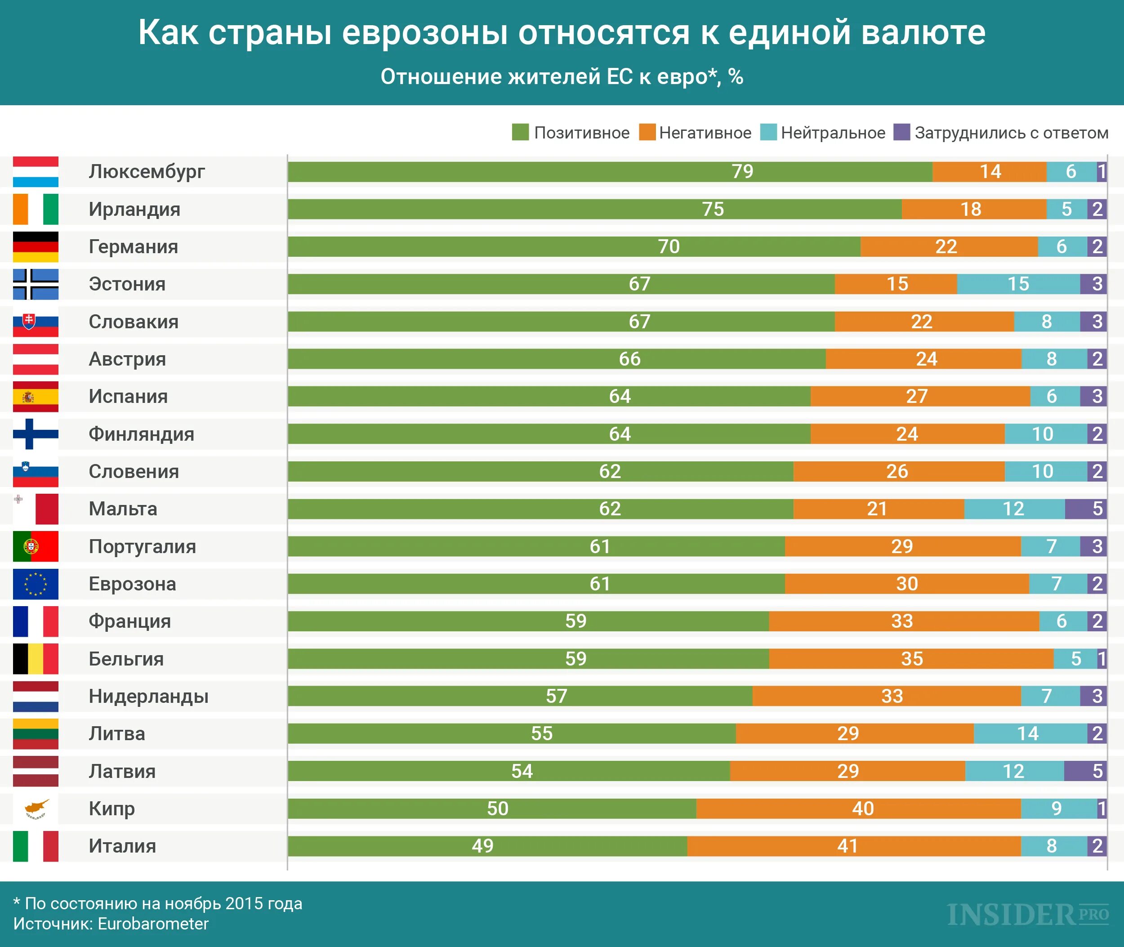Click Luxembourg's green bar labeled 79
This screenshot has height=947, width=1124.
click(x=610, y=172)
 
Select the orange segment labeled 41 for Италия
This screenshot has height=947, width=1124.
click(x=853, y=846)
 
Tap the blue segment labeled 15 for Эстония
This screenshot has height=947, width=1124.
click(x=1018, y=284)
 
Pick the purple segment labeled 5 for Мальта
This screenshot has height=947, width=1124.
click(x=1085, y=509)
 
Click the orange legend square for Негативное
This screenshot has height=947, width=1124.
click(x=647, y=132)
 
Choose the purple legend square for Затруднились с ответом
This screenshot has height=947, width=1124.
click(x=901, y=132)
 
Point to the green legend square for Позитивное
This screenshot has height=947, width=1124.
click(x=520, y=132)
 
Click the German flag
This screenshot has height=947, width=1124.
click(x=36, y=247)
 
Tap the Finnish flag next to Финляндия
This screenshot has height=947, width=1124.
click(x=36, y=434)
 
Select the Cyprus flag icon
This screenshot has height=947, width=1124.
click(x=36, y=809)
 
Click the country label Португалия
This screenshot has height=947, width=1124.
click(x=142, y=546)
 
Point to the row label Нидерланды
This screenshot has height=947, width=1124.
click(x=148, y=696)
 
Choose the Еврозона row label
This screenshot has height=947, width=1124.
click(x=132, y=584)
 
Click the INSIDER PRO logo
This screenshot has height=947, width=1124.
click(x=1027, y=915)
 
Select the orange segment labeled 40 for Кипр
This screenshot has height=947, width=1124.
click(x=858, y=809)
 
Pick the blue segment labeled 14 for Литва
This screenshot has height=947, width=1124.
click(x=1030, y=733)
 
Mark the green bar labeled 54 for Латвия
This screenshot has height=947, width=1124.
click(x=508, y=771)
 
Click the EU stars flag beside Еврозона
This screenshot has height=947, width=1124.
click(x=36, y=584)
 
